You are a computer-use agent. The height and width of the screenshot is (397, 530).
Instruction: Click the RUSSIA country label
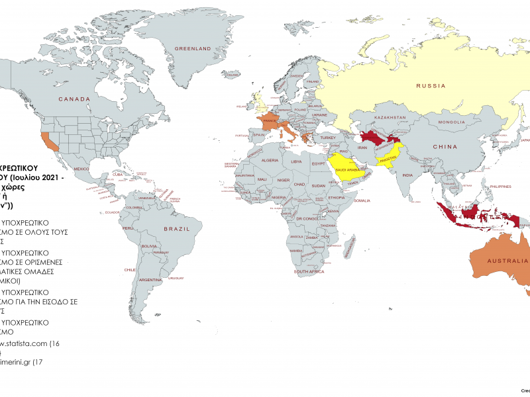pos(429,85)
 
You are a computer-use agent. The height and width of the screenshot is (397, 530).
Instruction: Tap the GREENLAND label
pos(192,48)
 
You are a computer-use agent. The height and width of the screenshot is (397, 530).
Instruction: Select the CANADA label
pos(74,99)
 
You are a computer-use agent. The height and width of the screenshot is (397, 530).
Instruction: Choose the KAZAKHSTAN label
pos(390,117)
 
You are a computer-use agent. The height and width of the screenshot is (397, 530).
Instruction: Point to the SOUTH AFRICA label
pos(309,272)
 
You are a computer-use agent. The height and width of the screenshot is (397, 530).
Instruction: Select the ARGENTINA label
pos(150,280)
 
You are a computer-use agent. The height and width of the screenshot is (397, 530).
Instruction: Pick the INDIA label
pos(407,175)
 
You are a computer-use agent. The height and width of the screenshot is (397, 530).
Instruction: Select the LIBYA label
pos(297,161)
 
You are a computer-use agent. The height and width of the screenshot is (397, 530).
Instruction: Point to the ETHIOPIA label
pos(337,197)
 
